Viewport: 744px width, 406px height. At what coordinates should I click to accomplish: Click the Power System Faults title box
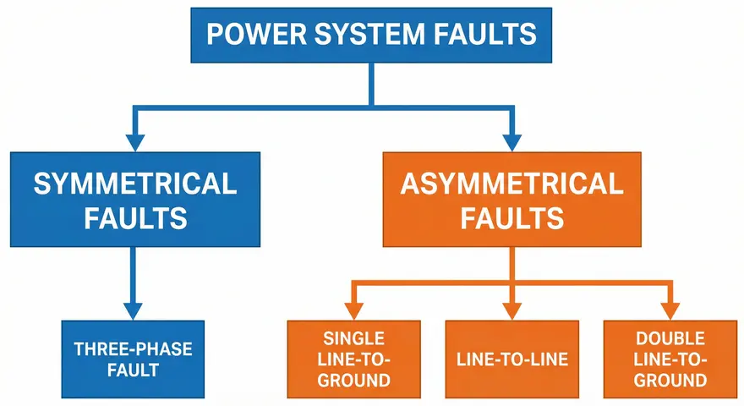pos(371,36)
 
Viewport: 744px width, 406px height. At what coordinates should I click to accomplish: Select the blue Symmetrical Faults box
pos(134,200)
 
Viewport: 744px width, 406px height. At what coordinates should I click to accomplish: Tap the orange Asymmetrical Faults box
pos(512,200)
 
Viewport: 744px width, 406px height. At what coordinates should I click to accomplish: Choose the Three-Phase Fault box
pos(134,359)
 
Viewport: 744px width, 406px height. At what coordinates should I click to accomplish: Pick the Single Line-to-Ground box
pos(354,359)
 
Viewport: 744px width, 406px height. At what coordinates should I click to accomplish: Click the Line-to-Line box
pos(512,359)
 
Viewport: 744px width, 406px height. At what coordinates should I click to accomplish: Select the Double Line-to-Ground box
pos(670,359)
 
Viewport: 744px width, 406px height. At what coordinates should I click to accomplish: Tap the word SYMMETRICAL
pos(134,184)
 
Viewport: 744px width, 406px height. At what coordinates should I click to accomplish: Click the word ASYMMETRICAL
pos(512,184)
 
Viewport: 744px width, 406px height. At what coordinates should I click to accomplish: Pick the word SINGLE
pos(354,337)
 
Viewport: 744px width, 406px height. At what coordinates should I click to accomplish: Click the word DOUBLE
pos(670,337)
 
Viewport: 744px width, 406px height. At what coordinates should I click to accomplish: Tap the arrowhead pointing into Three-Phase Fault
pos(134,309)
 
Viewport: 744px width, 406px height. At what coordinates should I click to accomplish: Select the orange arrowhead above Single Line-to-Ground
pos(354,309)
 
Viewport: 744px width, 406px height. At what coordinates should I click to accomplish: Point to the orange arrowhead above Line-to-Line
pos(512,309)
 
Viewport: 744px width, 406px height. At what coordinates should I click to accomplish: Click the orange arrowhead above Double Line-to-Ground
pos(670,309)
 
